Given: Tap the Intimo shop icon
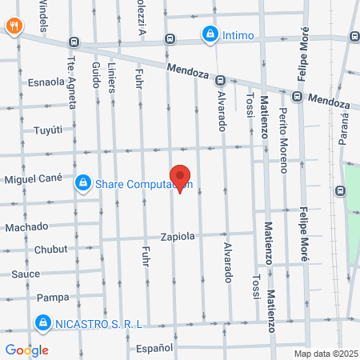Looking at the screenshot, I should (x=210, y=34).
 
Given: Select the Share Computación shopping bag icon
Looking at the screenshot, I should (x=82, y=184).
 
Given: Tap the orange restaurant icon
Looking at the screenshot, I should (x=14, y=25).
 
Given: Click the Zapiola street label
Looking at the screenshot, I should (x=178, y=237).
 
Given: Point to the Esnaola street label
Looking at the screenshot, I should (x=46, y=81).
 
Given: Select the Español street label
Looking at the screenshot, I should (x=154, y=348).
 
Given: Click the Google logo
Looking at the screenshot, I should (x=26, y=350).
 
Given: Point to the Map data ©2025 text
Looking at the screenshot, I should (x=325, y=354).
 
